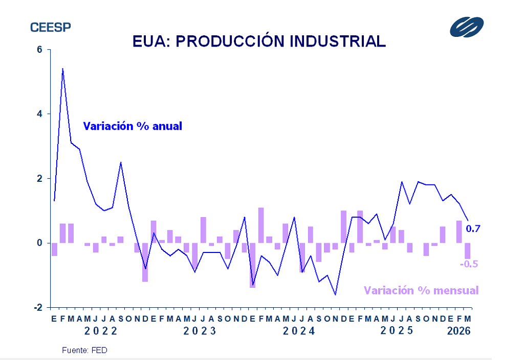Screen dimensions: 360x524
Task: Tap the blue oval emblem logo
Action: point(466,27)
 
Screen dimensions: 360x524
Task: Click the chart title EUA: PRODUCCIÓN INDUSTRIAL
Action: point(259,41)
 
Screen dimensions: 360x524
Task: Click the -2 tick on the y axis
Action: point(38,307)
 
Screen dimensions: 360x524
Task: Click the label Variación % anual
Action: point(133,125)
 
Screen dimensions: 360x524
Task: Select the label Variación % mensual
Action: point(421,290)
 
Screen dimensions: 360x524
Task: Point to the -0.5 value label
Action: point(469,264)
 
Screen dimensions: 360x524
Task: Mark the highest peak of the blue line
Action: point(62,68)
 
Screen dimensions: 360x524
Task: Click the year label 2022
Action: point(101,331)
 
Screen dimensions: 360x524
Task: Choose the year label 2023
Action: point(200,331)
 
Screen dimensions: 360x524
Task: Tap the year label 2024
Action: point(299,331)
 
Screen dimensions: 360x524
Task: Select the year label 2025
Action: point(397,331)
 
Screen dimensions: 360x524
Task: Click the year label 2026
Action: point(458,331)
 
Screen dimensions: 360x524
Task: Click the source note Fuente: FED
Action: point(85,350)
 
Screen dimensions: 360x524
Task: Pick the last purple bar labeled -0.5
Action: point(467,251)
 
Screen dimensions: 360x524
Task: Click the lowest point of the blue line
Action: point(335,294)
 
